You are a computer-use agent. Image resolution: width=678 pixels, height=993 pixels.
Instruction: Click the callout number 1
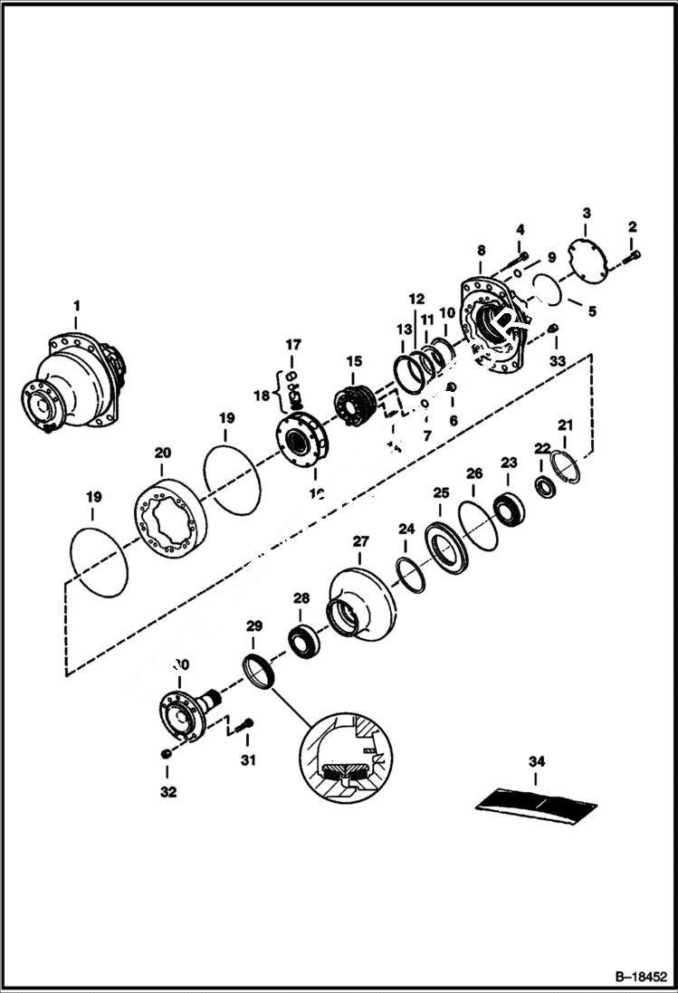(76, 306)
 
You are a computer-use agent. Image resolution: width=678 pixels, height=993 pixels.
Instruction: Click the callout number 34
(537, 762)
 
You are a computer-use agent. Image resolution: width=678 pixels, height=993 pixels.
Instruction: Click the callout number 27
(360, 541)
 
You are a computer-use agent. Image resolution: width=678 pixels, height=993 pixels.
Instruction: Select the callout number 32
(167, 792)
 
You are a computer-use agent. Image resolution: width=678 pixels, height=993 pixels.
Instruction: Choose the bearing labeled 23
(508, 508)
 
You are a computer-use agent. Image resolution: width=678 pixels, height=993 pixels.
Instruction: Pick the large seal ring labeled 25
(447, 547)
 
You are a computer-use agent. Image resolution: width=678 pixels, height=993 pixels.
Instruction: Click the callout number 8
(481, 250)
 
